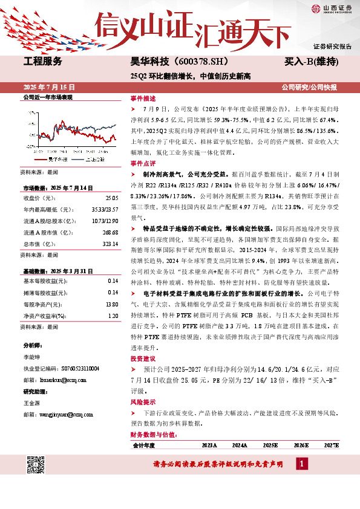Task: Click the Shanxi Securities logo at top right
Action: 332,8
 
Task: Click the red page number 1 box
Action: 302,464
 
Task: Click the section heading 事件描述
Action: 143,97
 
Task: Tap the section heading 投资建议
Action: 143,358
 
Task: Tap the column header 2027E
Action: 331,445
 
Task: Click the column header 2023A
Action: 209,445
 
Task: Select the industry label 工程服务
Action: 42,62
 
